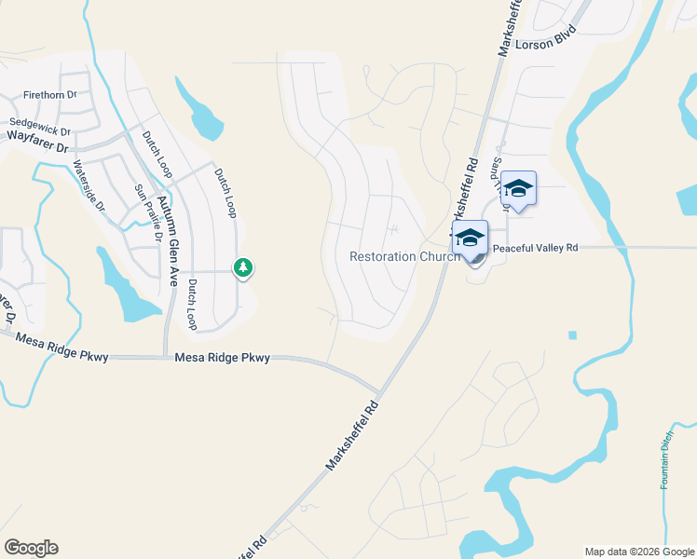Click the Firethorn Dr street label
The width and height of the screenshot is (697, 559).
click(49, 95)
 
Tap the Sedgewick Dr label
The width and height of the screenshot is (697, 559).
click(40, 123)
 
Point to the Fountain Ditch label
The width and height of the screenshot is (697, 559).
click(666, 464)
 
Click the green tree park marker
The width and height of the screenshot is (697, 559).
click(243, 268)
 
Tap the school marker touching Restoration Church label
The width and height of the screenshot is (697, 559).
click(470, 238)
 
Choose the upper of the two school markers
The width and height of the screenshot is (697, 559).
click(517, 188)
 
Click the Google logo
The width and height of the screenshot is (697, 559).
click(31, 548)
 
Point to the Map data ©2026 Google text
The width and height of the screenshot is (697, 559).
click(639, 552)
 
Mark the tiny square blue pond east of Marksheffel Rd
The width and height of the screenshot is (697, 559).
click(571, 335)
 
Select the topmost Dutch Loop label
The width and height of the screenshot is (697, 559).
click(157, 155)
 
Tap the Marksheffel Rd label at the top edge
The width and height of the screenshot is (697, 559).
click(511, 28)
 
